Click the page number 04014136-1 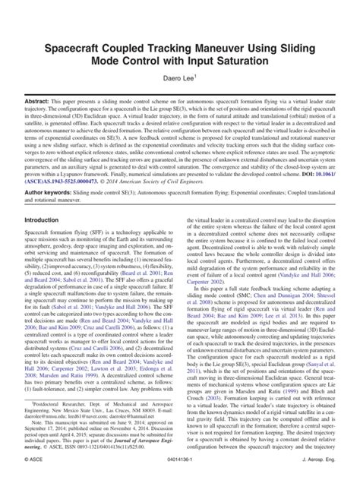180,470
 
